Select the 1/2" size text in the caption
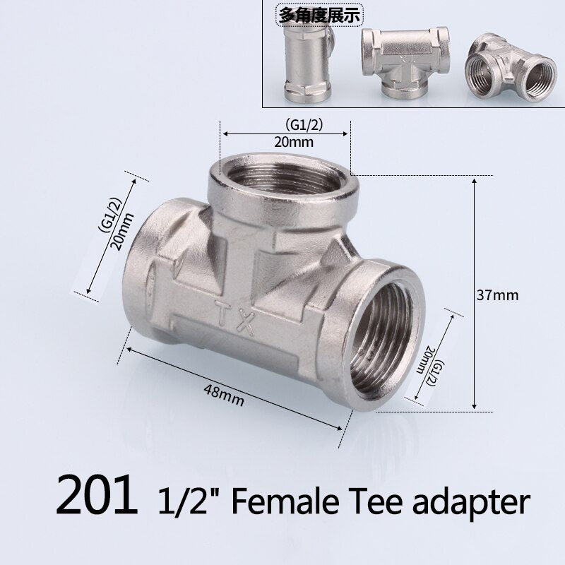point(186,502)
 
